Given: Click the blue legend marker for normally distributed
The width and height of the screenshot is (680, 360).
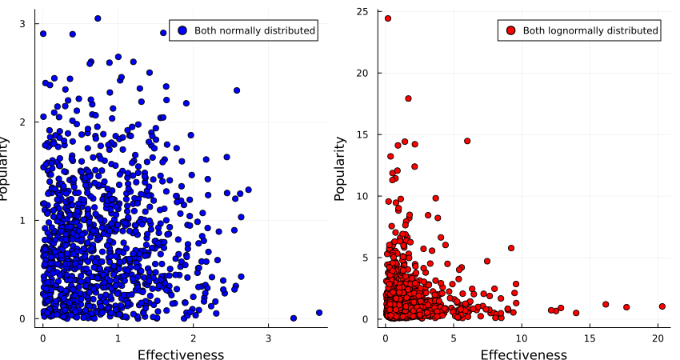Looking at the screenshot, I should tap(182, 30).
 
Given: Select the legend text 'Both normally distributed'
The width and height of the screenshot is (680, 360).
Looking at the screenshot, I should tap(254, 30).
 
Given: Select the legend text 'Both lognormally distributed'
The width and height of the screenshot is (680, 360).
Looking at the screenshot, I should tap(590, 30).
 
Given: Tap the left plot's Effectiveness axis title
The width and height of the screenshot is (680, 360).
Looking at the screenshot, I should tap(181, 354).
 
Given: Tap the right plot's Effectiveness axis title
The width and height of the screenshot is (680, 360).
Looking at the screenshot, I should tap(522, 354).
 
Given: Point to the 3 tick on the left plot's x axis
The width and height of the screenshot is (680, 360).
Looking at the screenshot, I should tap(268, 337).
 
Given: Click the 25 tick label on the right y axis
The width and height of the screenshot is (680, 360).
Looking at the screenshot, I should tap(362, 12).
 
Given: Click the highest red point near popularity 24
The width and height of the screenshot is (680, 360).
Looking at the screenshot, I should tap(388, 18).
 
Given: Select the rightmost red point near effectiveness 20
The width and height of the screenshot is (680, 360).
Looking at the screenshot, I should tap(662, 306).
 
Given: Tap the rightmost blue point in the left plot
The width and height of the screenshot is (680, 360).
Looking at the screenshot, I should tap(319, 313).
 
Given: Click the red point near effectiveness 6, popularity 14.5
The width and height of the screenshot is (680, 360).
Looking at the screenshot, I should tap(467, 141).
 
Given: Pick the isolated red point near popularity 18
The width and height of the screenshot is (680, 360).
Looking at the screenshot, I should tap(408, 98).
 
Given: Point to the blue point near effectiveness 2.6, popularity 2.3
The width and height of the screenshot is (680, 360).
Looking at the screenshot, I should tap(237, 90).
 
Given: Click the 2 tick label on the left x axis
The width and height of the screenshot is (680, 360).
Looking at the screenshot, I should tap(193, 337).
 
